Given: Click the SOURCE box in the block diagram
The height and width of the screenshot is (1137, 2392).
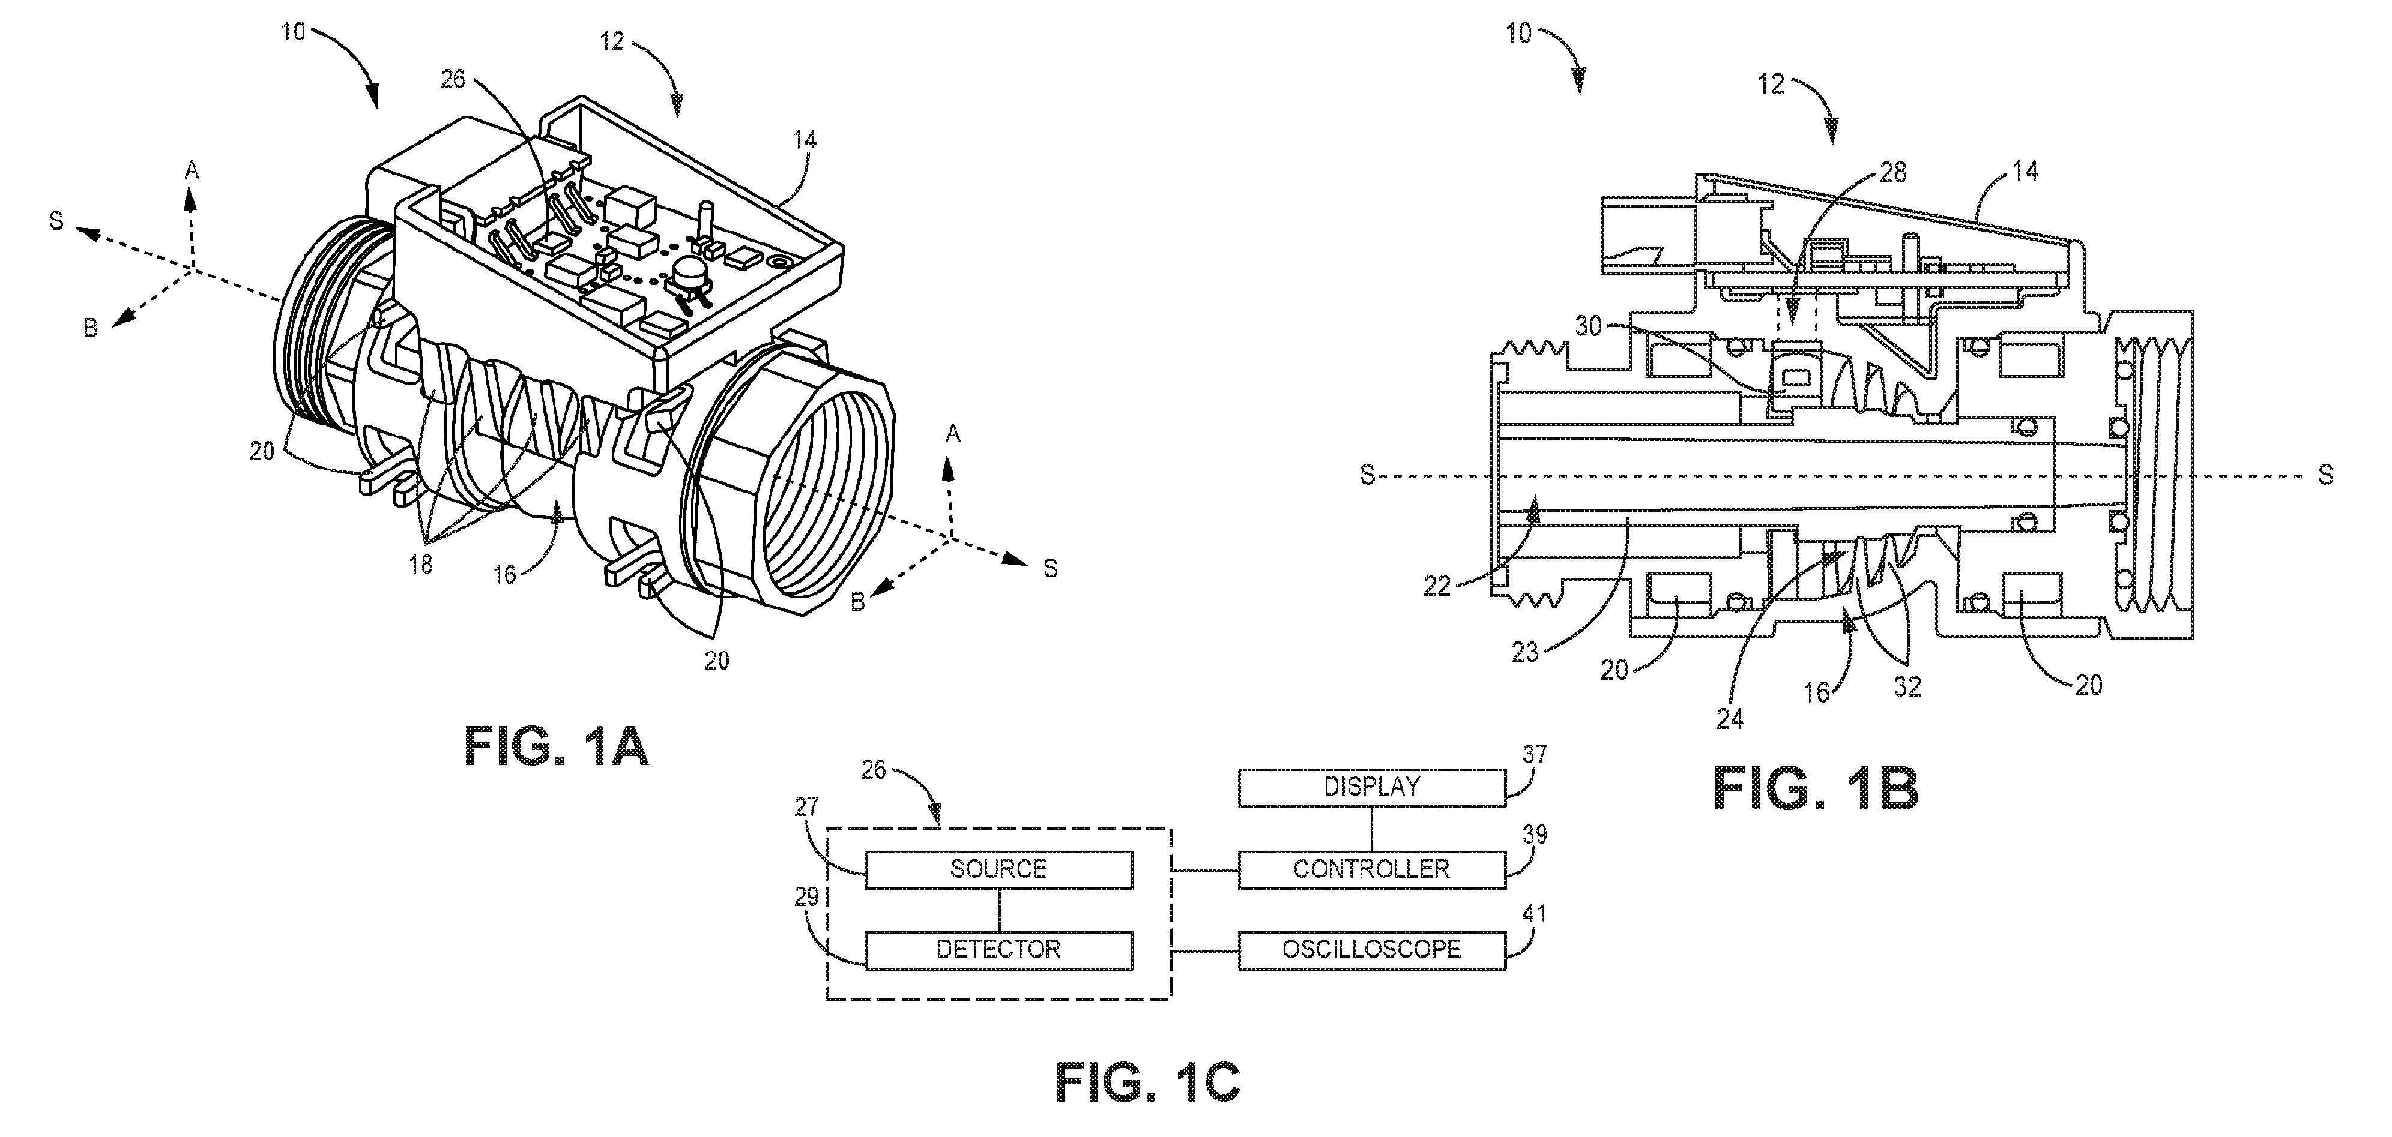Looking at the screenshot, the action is coord(999,869).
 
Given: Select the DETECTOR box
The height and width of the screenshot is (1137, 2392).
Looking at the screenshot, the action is coord(999,950).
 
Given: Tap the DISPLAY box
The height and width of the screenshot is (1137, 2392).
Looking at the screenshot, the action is coord(1371,787).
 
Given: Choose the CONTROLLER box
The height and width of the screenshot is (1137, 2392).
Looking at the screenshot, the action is coord(1371,869).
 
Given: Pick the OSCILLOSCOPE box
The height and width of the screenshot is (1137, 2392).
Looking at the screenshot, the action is coord(1371,950).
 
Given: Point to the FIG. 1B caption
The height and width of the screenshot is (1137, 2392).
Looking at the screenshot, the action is coord(1816,789).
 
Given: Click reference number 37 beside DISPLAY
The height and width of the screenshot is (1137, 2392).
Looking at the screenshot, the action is coord(1534,755).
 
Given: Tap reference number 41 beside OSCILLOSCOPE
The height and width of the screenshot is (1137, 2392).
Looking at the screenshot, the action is coord(1534,914).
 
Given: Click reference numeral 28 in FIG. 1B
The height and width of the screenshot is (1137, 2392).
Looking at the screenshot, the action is coord(1892,172).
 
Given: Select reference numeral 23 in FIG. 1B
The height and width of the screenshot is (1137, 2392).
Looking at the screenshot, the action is coord(1526,653).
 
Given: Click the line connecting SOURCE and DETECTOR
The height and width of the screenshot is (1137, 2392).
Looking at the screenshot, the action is coord(999,910).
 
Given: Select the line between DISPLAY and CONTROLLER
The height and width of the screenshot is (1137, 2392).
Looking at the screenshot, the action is coord(1371,829).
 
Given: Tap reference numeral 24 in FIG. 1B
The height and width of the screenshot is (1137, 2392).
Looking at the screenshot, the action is coord(1730,718).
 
